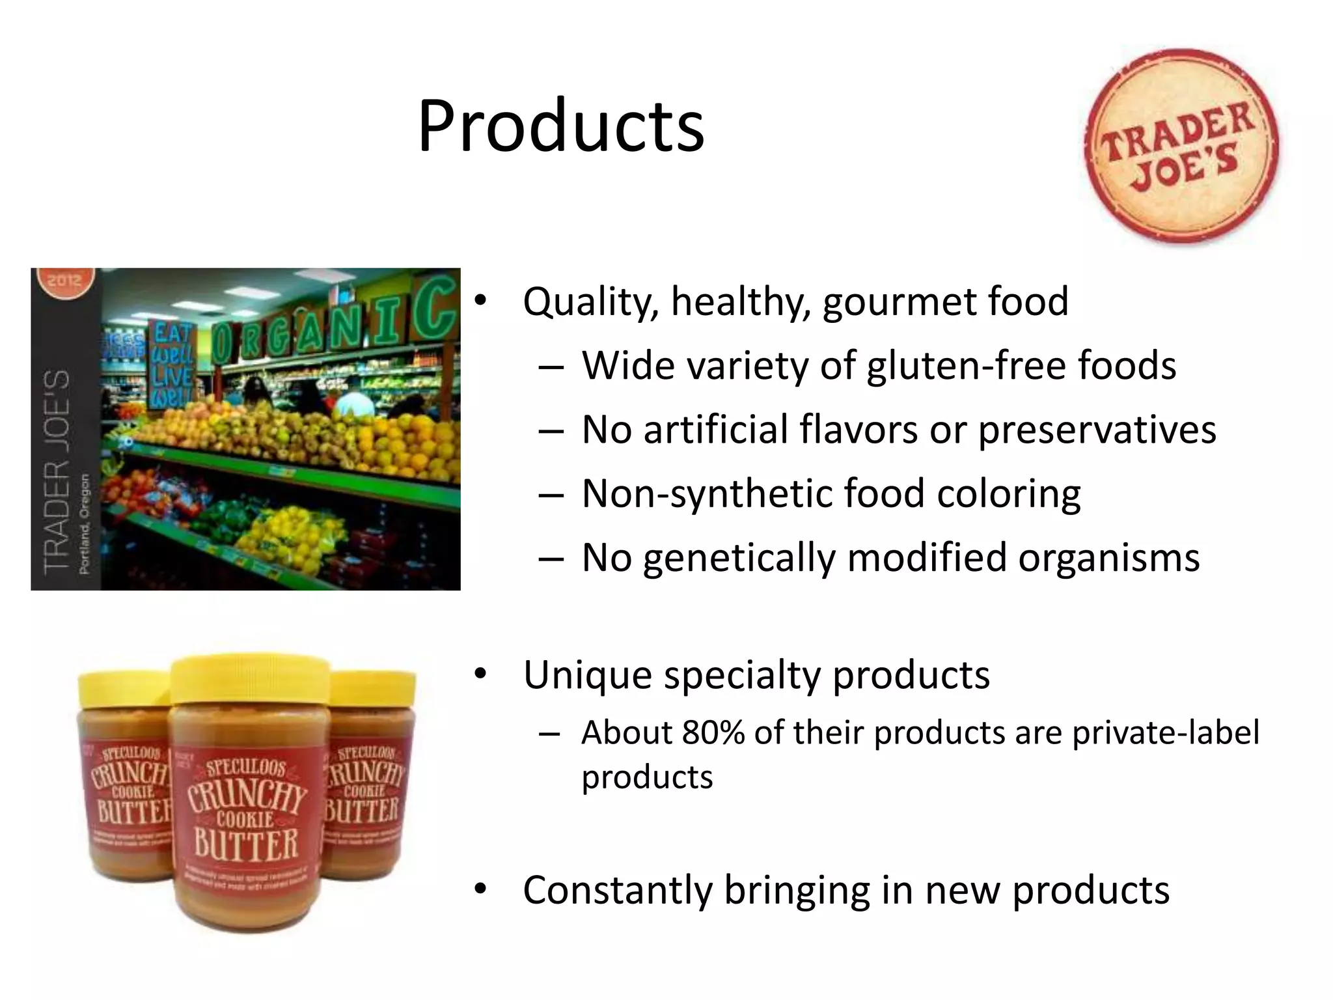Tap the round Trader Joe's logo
1181,146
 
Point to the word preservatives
1097,430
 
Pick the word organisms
1108,558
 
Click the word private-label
1165,732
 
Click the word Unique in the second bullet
587,675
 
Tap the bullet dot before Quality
480,300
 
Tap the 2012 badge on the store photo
64,282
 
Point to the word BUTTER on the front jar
246,844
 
